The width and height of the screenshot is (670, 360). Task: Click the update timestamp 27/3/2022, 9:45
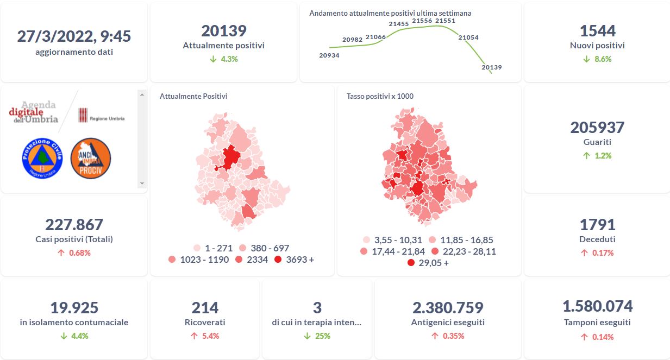[74, 36]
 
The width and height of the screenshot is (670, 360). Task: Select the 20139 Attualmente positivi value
[223, 31]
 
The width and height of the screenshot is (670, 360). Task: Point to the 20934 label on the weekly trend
[329, 55]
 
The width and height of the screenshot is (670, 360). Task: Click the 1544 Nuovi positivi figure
[597, 31]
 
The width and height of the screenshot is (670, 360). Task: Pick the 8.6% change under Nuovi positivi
[597, 59]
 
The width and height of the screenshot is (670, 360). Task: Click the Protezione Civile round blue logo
[42, 157]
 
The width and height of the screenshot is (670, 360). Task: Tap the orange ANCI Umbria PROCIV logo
[91, 157]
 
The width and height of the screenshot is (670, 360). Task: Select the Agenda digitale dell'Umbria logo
[34, 112]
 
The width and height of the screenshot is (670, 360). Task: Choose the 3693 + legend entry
[294, 260]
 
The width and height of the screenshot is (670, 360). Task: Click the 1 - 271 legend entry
[212, 248]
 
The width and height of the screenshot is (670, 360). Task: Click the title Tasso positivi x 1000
[380, 96]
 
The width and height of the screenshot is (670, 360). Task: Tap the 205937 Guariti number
[597, 128]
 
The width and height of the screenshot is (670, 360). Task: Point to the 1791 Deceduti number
[597, 225]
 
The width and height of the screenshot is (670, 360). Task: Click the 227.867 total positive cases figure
[74, 225]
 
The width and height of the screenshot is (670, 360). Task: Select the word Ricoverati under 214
[205, 322]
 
